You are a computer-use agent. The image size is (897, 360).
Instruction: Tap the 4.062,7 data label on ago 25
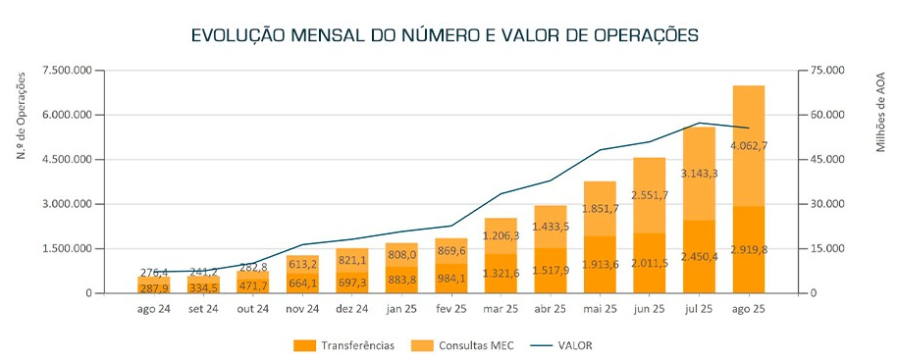pyautogui.click(x=749, y=146)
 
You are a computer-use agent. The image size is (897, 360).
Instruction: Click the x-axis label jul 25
pyautogui.click(x=699, y=309)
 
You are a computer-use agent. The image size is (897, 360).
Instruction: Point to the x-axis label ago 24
pyautogui.click(x=153, y=309)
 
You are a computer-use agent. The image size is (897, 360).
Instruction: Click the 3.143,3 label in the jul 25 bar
pyautogui.click(x=699, y=173)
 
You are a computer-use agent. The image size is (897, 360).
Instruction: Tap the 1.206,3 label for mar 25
pyautogui.click(x=501, y=235)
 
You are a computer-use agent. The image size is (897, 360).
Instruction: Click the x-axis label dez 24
pyautogui.click(x=351, y=309)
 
